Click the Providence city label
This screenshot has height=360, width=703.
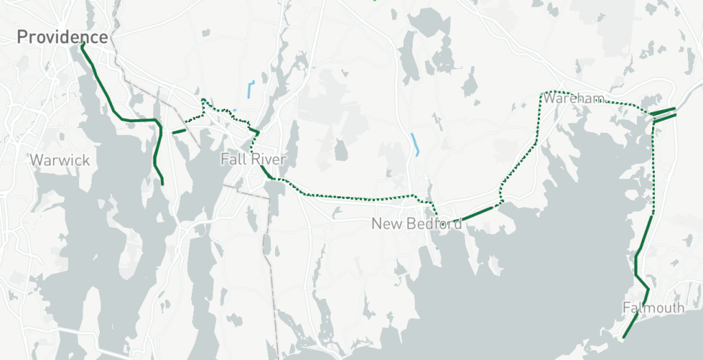pos(63,36)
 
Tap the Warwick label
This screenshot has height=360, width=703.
pos(60,160)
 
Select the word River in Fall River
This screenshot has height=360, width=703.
pos(269,159)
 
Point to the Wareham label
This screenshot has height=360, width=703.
pos(573,98)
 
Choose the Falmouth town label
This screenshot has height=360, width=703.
pos(653,308)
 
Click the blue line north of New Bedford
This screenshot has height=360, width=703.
pos(416,143)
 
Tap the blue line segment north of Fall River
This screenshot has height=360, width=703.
pos(250,89)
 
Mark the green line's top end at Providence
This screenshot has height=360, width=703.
pos(82,45)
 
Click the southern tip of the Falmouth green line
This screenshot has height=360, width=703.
pos(624,337)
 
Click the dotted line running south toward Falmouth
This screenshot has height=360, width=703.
pos(651,172)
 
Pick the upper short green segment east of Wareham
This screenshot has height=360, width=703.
pos(662,110)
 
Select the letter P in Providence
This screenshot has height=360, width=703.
pos(22,36)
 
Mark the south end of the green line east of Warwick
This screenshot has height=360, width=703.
pos(162,184)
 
